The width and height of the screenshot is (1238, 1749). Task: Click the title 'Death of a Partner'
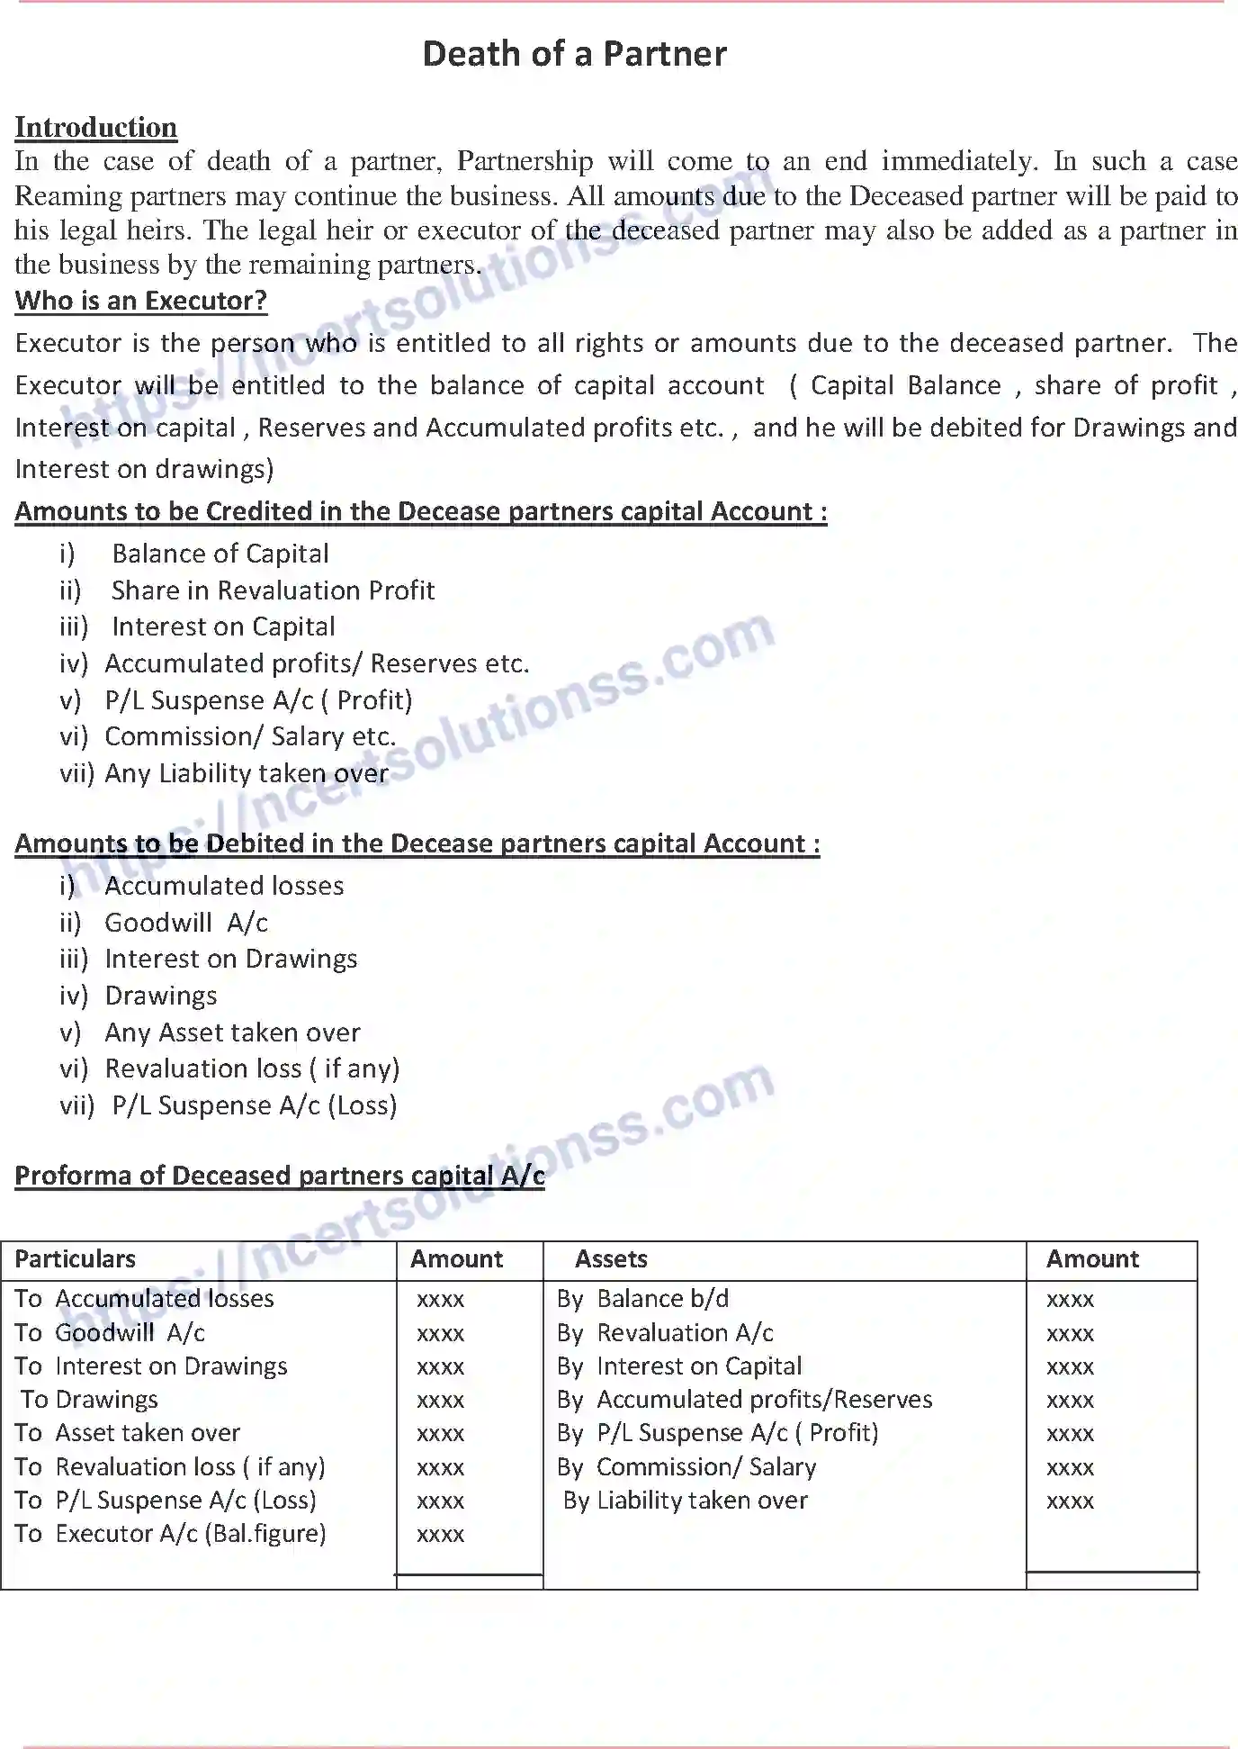(x=574, y=54)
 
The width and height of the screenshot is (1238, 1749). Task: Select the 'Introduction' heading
(x=95, y=127)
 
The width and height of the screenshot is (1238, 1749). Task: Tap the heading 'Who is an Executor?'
(x=141, y=301)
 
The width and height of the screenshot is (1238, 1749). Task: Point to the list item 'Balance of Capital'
(x=220, y=554)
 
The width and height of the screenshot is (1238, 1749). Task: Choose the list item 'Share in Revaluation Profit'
(x=273, y=591)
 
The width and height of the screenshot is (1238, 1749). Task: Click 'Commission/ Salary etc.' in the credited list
(x=250, y=736)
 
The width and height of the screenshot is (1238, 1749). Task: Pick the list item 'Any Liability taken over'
(x=247, y=773)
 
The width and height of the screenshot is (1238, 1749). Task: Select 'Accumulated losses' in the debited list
(x=224, y=886)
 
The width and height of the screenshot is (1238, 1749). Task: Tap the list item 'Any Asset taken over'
(x=232, y=1032)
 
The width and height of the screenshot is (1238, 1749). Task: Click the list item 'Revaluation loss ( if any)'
(x=252, y=1068)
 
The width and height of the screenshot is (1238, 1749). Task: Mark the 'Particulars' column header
(x=76, y=1259)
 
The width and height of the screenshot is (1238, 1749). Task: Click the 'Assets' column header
(x=611, y=1259)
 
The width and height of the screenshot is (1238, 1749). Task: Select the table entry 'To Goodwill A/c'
(x=110, y=1332)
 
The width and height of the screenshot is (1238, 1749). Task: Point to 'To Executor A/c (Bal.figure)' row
(x=170, y=1533)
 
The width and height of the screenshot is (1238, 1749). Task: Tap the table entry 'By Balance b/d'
(x=642, y=1299)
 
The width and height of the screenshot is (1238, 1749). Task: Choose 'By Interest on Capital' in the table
(x=678, y=1366)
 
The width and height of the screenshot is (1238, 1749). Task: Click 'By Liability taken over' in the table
(x=685, y=1501)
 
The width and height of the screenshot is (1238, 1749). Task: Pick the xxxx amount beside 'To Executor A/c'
(x=440, y=1535)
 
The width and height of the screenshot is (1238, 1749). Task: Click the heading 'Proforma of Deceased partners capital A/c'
(x=280, y=1176)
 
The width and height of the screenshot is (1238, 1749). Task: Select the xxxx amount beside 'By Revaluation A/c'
(x=1070, y=1334)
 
